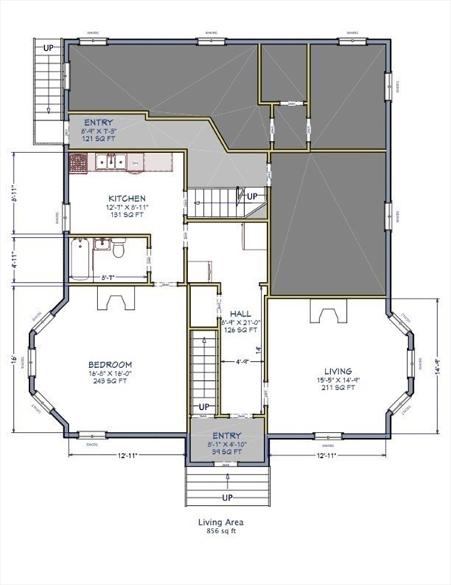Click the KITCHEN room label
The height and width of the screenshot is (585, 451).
point(126,197)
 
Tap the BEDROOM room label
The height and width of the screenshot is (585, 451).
point(110,365)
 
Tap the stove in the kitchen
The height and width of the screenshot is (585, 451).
point(79,162)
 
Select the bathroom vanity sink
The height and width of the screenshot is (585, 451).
point(100,245)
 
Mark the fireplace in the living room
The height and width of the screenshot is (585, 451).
point(327,314)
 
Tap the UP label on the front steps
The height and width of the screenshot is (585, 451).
point(227,497)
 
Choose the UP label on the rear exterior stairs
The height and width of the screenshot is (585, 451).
point(49,47)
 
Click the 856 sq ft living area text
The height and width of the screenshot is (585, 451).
point(221,532)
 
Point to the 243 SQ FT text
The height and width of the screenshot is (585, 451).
point(110,382)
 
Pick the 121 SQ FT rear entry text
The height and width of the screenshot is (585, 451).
point(99,139)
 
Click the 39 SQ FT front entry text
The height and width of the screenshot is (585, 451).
point(227,452)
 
